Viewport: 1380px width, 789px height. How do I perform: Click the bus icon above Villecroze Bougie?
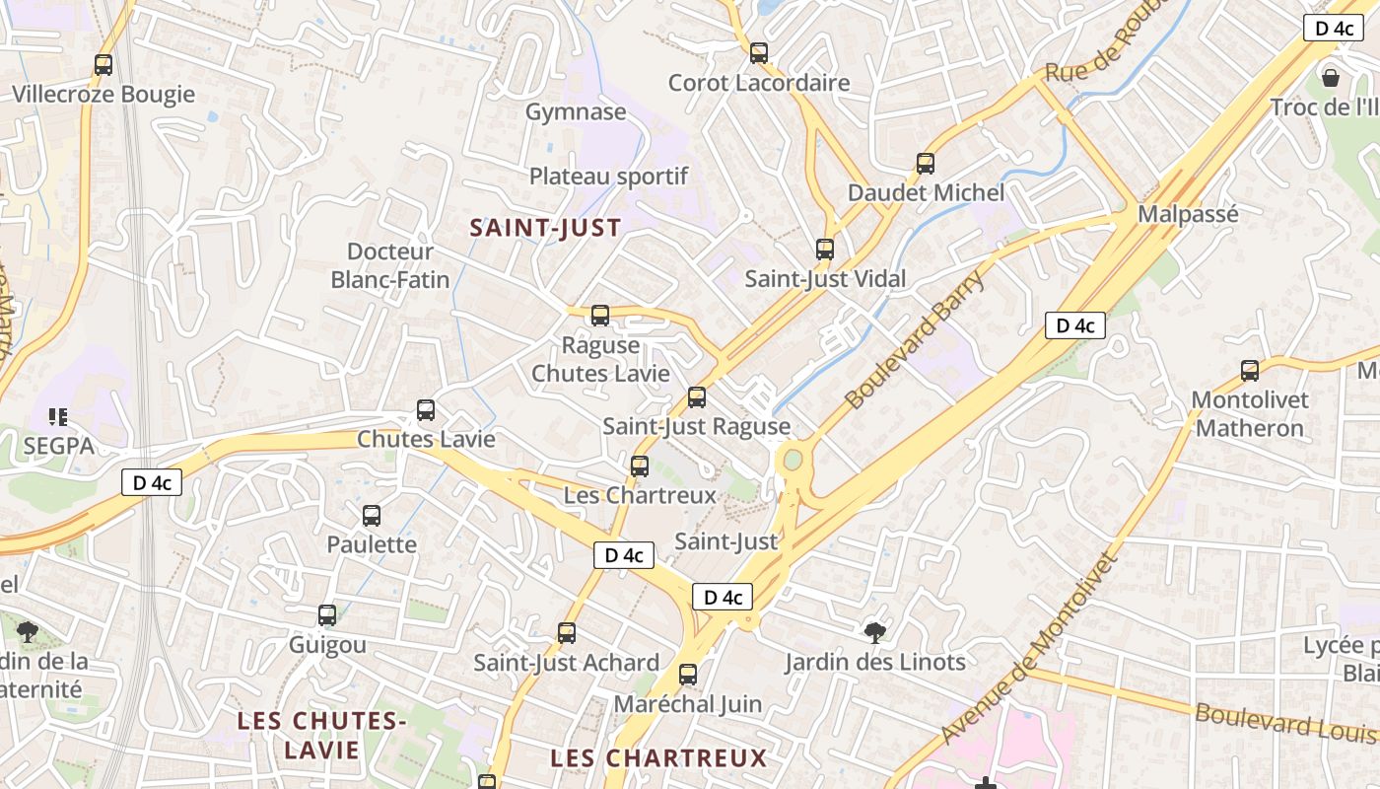tap(103, 65)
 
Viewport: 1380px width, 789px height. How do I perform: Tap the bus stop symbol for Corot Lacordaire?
tap(758, 53)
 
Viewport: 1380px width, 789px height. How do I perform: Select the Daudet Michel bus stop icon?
tap(925, 164)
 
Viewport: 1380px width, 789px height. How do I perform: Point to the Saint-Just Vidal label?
tap(825, 279)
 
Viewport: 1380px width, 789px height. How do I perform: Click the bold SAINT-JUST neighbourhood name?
tap(545, 229)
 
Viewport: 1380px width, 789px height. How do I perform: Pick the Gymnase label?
tap(576, 111)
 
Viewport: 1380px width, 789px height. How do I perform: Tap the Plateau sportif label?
tap(608, 177)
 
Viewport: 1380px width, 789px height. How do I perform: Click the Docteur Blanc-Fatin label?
tap(390, 266)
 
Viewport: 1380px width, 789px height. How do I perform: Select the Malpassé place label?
tap(1188, 214)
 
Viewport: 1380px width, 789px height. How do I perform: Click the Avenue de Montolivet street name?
tap(1030, 648)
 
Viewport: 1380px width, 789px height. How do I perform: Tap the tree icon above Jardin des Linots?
tap(874, 631)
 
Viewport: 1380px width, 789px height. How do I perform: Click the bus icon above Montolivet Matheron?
tap(1250, 371)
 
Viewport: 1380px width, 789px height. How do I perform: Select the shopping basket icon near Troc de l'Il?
tap(1331, 77)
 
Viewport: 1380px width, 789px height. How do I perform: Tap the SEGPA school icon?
tap(57, 417)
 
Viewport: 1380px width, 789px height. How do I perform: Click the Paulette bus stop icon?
tap(372, 515)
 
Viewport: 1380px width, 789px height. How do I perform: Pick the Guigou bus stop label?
tap(327, 645)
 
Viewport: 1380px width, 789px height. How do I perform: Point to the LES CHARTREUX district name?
tap(658, 757)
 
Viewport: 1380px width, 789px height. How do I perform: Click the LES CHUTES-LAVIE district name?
tap(322, 735)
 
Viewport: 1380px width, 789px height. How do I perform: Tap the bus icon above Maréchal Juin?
tap(688, 676)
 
